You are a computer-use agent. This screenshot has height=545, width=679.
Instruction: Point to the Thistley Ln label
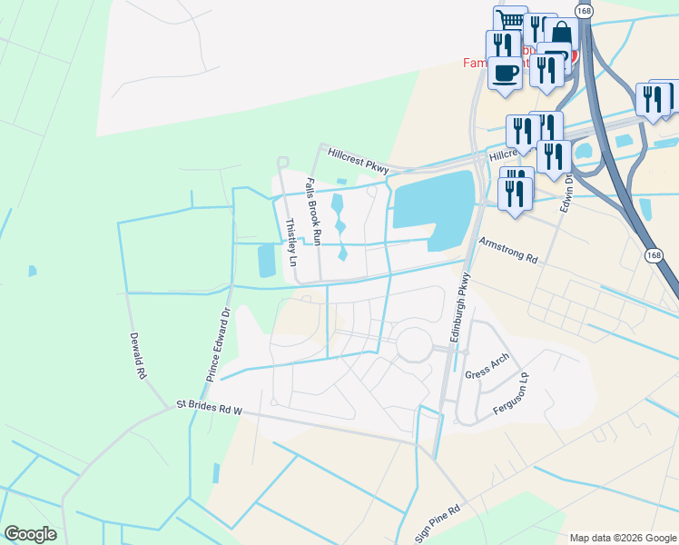pos(291,241)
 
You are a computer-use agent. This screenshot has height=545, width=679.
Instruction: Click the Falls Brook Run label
pos(313,211)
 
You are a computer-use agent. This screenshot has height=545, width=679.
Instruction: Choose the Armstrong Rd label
pos(508,251)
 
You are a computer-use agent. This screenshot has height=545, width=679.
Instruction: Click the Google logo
pos(30,534)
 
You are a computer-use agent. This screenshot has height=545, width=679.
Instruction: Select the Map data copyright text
pos(622,538)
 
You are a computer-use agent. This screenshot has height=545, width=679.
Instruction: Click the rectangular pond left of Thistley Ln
pos(266,261)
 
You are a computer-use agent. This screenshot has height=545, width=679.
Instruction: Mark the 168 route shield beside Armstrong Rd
pos(654,256)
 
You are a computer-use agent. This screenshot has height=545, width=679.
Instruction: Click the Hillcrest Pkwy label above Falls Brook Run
pos(359,162)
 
